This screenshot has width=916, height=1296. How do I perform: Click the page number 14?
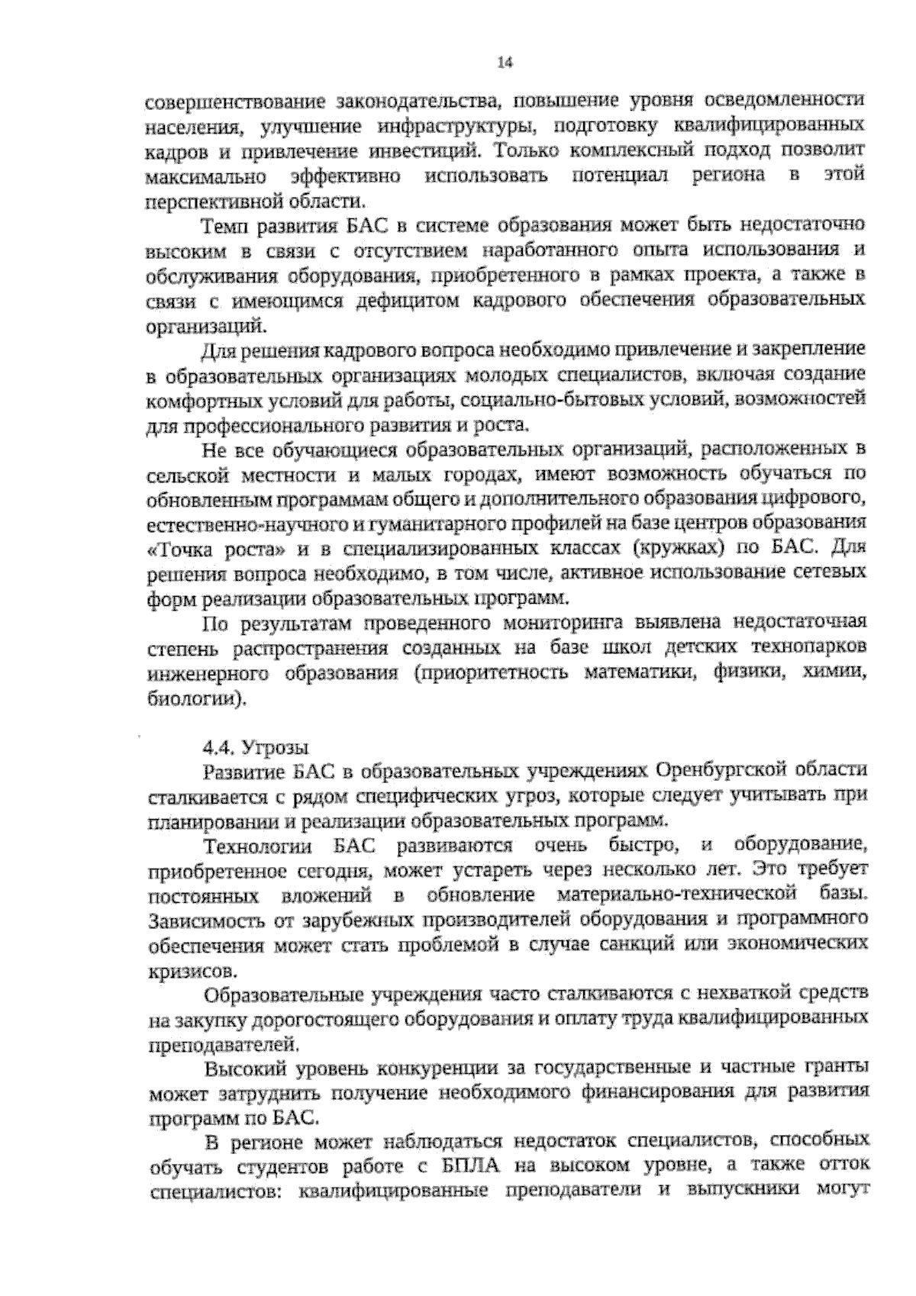click(x=504, y=63)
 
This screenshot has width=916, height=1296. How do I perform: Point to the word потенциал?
click(x=619, y=176)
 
